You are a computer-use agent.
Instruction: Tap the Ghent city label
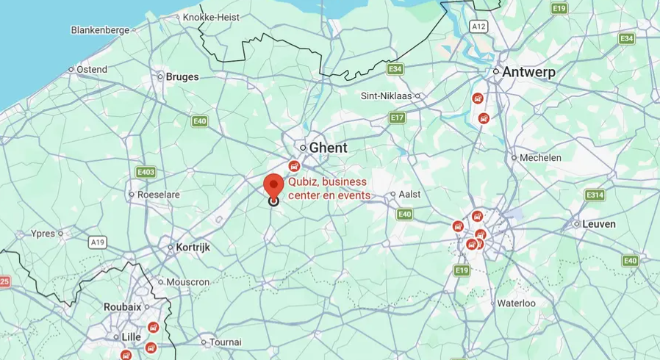pos(328,148)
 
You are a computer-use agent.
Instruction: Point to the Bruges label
pos(182,76)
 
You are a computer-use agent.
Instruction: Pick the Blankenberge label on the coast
pos(100,30)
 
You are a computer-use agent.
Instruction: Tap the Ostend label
pos(92,69)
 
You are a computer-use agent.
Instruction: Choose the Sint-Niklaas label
pos(386,96)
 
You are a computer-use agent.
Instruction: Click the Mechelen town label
pos(540,157)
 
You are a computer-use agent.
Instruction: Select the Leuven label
pos(599,223)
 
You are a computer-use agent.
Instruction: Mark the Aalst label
pos(410,194)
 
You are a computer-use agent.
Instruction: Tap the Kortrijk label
pos(193,248)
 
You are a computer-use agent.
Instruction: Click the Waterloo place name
pos(516,303)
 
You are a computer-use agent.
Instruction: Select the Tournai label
pos(225,342)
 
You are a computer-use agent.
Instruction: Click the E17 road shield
pos(398,118)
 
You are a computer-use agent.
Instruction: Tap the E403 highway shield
pos(146,172)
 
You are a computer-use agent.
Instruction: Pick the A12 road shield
pos(479,26)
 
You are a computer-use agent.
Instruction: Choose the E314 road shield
pos(595,195)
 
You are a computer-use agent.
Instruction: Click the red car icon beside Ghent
pos(295,166)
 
